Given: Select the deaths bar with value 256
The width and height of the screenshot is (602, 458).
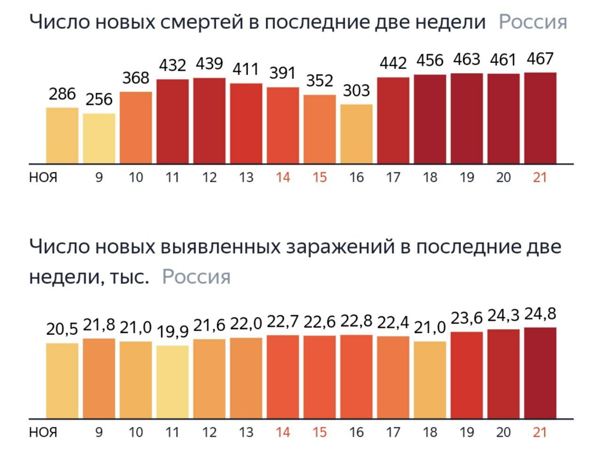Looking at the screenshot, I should coord(99,138).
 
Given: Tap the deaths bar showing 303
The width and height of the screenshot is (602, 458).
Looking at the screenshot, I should coord(357,134).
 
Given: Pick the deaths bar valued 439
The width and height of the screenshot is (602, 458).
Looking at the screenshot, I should coord(209,121).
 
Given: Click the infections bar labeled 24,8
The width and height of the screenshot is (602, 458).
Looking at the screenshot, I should coord(540,373).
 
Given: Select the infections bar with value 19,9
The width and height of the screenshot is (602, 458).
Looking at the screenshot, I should coord(172,382).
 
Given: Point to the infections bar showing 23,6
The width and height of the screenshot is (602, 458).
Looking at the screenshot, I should coord(466,375).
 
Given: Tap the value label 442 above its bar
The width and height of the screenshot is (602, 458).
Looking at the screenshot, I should coord(393,63).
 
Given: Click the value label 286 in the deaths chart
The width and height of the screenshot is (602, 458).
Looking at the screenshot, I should coord(62,94).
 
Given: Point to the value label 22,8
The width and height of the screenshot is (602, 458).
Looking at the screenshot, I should coord(356,321).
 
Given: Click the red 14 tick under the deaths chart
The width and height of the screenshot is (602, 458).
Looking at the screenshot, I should coord(283,177).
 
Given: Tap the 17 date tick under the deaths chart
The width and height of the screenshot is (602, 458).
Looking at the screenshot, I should coord(393,177).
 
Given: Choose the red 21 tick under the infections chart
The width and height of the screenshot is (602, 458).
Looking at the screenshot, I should coord(540,432).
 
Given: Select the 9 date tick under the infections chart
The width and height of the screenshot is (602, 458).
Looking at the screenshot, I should coord(99,432).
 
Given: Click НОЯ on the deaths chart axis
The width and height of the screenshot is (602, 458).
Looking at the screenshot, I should coord(43,177).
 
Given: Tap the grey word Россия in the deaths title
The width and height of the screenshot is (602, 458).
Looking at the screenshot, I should coord(533,22).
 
